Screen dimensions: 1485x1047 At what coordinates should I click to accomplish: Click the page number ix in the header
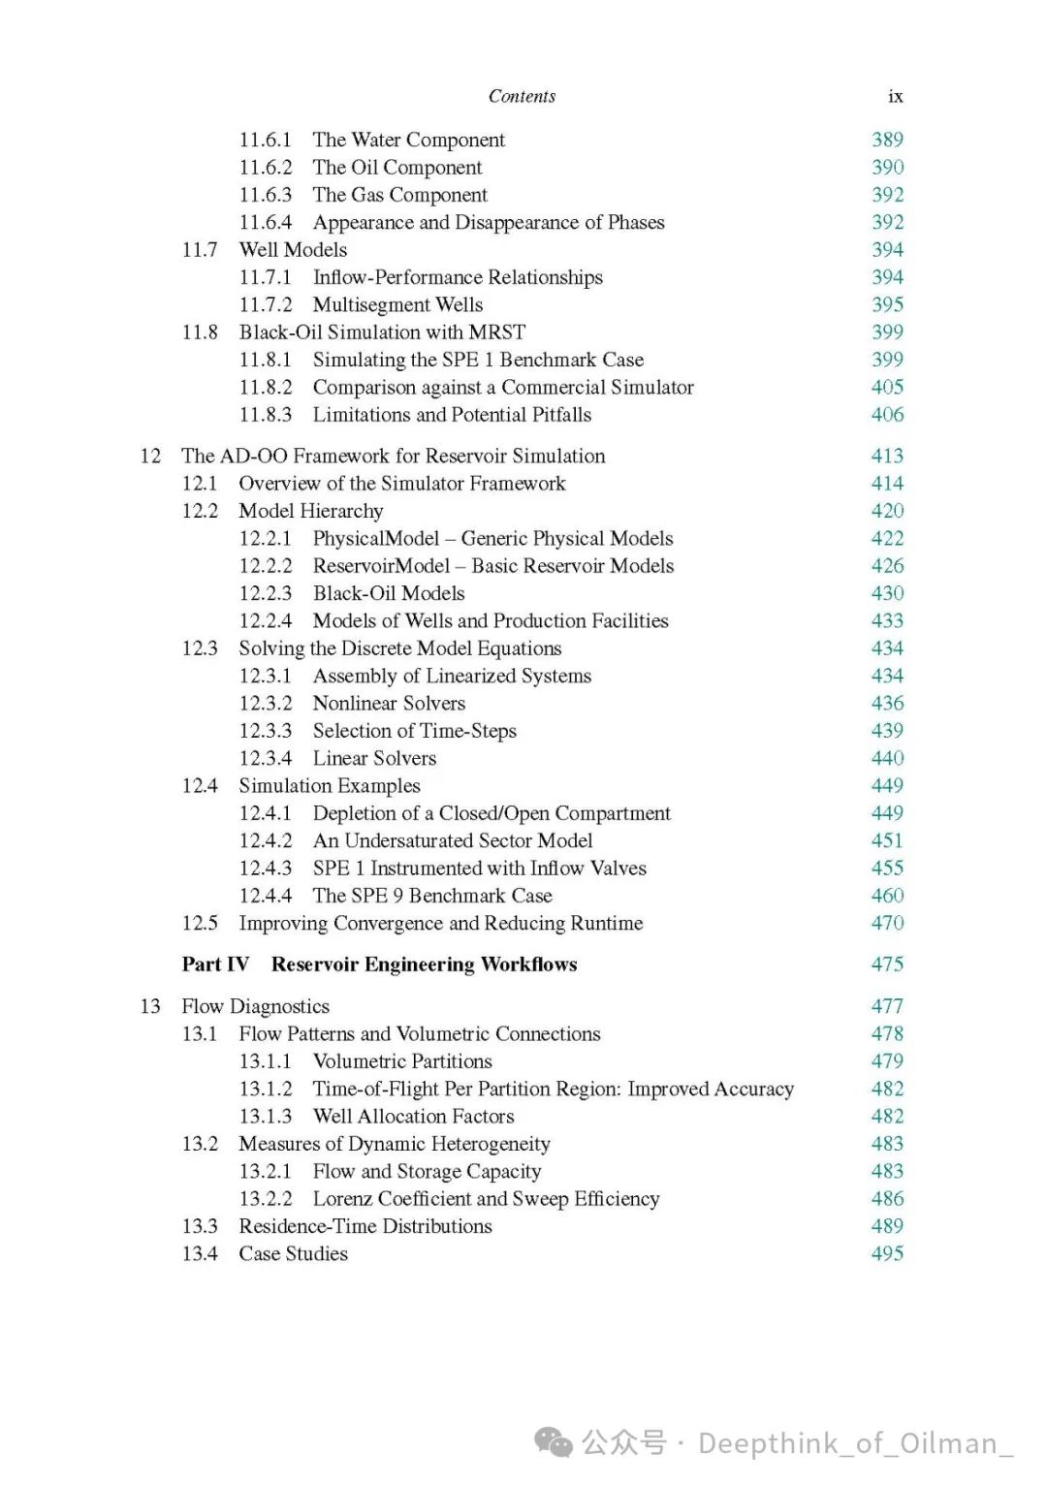click(x=895, y=97)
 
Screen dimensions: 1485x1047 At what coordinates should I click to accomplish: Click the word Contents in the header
click(x=522, y=96)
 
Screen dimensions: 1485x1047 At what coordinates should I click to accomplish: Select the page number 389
click(x=887, y=140)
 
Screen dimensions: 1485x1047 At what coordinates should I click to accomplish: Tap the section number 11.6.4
click(x=265, y=222)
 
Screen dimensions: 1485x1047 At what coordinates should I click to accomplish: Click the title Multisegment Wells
click(x=397, y=304)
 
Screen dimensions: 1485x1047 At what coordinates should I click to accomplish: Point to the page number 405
click(x=887, y=387)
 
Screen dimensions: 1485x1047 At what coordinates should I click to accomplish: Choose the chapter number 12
click(x=150, y=456)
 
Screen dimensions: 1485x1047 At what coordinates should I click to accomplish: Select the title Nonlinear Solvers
click(x=389, y=703)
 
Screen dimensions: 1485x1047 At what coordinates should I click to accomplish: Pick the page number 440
click(x=887, y=758)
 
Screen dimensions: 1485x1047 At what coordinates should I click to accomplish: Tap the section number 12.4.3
click(x=265, y=868)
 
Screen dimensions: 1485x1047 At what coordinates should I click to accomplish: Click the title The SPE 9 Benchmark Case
click(x=432, y=896)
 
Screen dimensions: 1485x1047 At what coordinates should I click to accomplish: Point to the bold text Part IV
click(x=215, y=964)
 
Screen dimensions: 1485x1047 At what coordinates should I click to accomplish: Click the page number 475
click(x=887, y=964)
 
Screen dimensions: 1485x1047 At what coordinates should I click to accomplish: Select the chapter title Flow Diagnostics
click(x=255, y=1006)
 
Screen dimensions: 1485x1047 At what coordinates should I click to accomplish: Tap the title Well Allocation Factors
click(x=413, y=1116)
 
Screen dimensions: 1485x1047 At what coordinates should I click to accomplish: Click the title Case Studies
click(x=293, y=1253)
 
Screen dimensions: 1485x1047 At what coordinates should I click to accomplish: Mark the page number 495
click(x=887, y=1253)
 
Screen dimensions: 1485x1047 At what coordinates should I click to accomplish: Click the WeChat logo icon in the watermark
click(x=555, y=1442)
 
